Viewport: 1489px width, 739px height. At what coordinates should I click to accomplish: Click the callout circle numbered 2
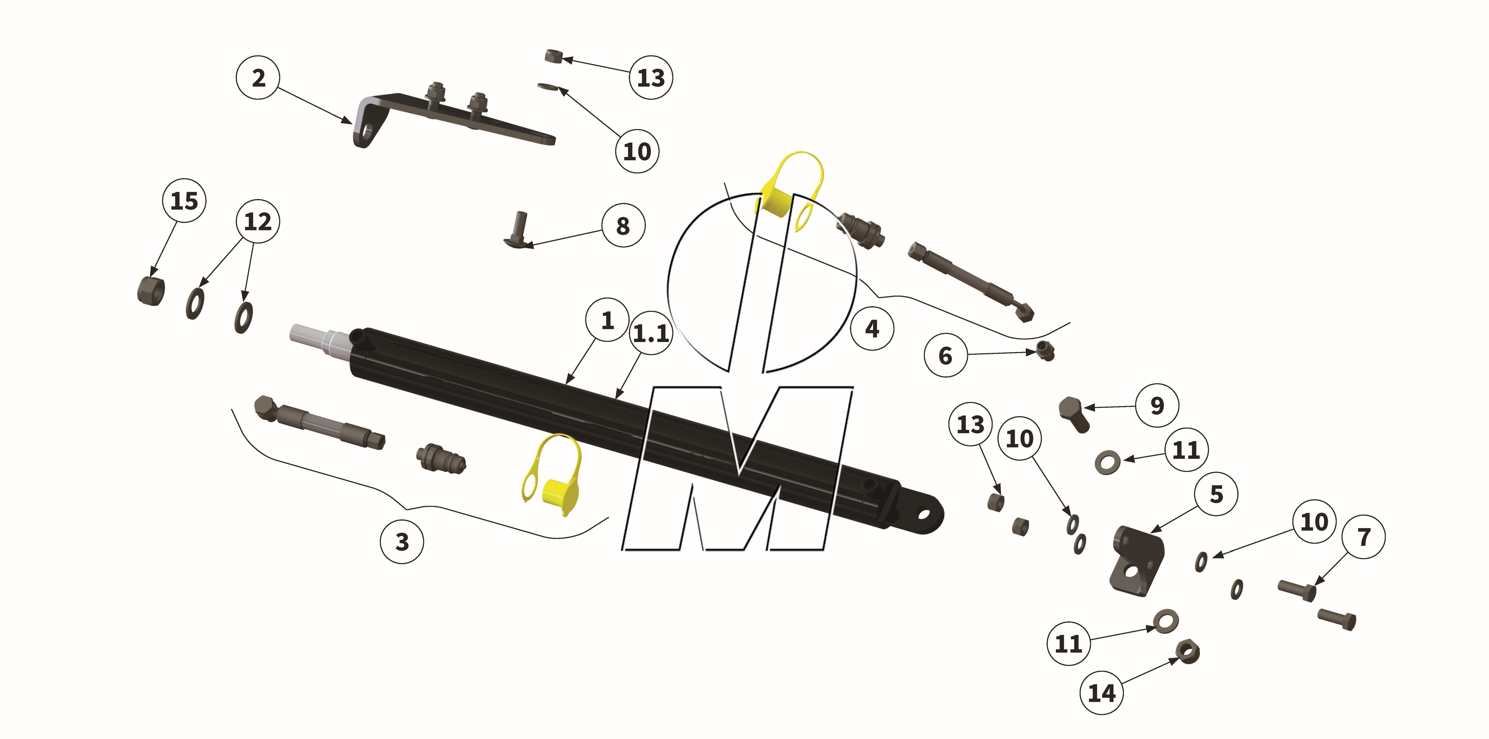258,77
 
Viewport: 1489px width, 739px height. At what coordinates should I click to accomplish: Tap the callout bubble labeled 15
184,201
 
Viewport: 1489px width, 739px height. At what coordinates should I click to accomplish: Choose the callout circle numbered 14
1101,692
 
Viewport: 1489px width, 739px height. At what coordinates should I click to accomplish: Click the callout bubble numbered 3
402,542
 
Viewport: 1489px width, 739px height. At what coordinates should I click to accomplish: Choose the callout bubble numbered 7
1364,537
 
